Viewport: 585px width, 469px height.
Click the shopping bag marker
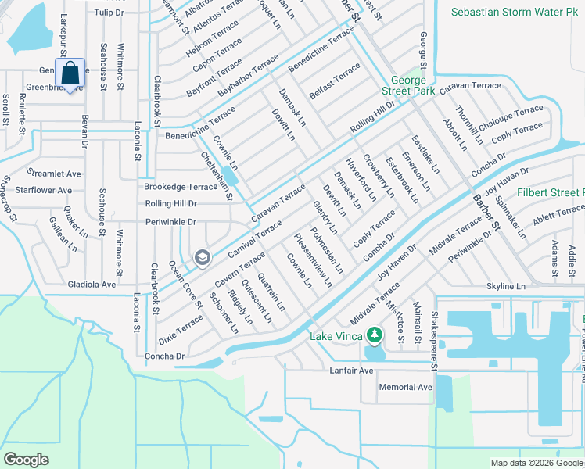(x=70, y=73)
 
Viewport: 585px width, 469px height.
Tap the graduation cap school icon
(x=202, y=257)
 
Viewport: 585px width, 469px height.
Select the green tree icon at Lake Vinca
(x=375, y=336)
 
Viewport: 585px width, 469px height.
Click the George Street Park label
(x=408, y=86)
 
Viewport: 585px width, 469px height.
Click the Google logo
(x=27, y=460)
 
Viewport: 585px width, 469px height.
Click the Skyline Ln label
(x=505, y=287)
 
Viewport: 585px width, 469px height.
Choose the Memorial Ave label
(x=405, y=387)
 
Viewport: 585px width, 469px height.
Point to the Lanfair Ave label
(x=353, y=370)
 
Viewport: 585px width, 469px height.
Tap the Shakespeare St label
(x=435, y=331)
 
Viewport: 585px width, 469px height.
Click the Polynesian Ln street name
(x=327, y=251)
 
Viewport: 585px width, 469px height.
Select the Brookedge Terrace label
(x=181, y=187)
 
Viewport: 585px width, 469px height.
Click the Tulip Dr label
(x=109, y=13)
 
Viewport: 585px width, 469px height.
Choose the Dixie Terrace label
(x=181, y=328)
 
